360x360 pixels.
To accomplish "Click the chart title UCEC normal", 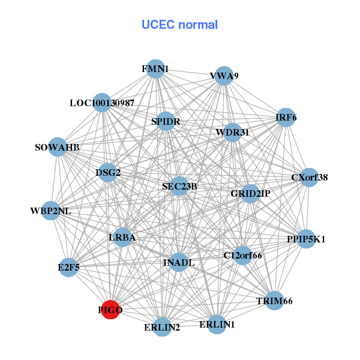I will click(179, 25).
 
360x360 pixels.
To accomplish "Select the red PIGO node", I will click(110, 310).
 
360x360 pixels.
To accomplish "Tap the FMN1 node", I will click(155, 69).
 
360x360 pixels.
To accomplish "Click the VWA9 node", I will click(224, 76).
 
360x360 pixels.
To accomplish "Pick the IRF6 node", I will click(286, 118).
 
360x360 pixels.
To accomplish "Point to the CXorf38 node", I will click(309, 178).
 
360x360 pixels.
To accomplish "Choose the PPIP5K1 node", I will click(306, 239).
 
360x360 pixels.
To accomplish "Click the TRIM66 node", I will click(274, 301).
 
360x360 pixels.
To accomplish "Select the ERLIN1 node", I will click(217, 325).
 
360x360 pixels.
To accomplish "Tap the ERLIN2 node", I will click(162, 327).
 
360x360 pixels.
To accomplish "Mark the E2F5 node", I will click(69, 267).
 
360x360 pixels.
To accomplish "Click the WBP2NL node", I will click(51, 211).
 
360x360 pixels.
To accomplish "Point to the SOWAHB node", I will click(57, 147).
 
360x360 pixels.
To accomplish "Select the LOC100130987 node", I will click(102, 103).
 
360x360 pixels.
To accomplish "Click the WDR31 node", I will click(232, 132).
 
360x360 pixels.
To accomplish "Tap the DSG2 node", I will click(108, 173).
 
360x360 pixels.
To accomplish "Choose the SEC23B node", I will click(179, 187).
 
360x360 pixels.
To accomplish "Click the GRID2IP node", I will click(250, 194).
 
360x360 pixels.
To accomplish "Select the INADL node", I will click(178, 262).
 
